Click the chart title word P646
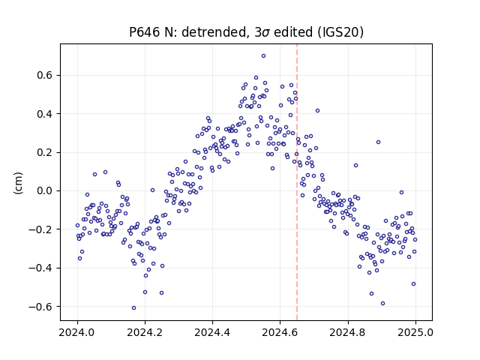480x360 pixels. coord(145,32)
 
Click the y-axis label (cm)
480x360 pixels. coord(18,183)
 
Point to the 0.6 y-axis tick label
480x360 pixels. coord(44,75)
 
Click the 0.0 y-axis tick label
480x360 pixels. coord(44,190)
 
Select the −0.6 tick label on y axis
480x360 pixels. coord(40,307)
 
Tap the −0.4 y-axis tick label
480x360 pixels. coord(40,268)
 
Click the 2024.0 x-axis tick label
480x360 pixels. coord(77,332)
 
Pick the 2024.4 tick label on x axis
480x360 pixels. coord(212,332)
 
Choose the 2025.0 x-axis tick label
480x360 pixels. coord(415,332)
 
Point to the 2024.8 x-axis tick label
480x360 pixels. coord(348,332)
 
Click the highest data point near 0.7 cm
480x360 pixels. coord(263,55)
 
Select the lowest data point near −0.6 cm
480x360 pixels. coord(133,307)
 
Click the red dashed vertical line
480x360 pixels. coord(297,182)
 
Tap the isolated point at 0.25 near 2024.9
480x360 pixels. coord(378,142)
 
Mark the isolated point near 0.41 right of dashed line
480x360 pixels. coord(317,110)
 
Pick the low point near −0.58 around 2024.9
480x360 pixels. coord(382,303)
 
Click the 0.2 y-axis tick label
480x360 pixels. coord(44,152)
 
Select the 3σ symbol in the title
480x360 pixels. coord(262,32)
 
